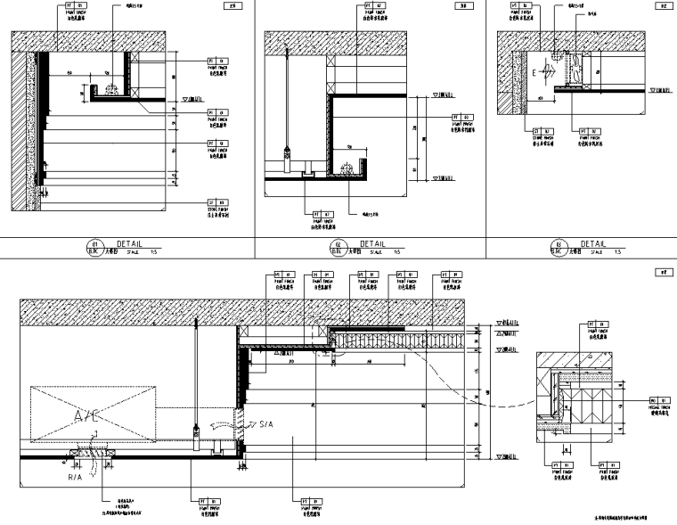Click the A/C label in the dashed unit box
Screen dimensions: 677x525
click(x=88, y=415)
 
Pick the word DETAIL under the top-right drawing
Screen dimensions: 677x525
click(x=593, y=242)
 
